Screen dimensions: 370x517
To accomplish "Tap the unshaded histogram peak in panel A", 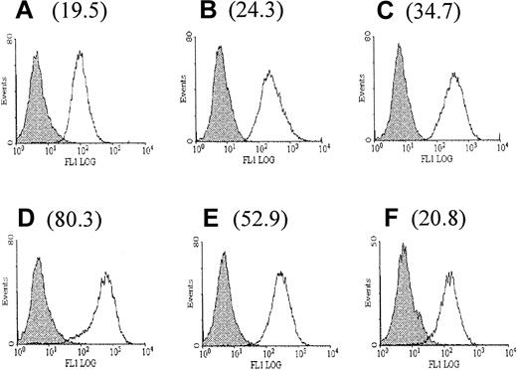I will click(x=81, y=54).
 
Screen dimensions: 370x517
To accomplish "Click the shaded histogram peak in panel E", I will click(x=224, y=253).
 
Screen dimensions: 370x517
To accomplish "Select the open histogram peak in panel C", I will click(x=454, y=74).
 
